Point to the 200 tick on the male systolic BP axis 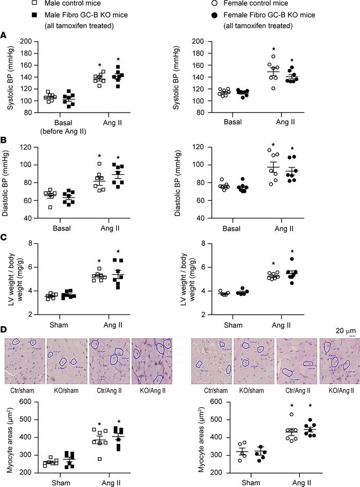tap(34, 42)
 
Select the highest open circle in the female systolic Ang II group tap(274, 56)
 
